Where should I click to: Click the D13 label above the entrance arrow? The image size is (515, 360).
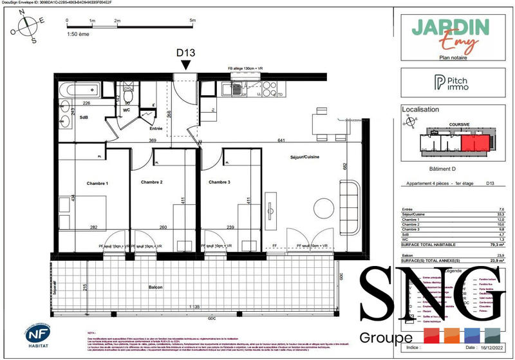pyautogui.click(x=185, y=53)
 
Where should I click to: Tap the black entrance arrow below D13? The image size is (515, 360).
pyautogui.click(x=185, y=65)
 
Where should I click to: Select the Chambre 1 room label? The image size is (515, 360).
pyautogui.click(x=98, y=184)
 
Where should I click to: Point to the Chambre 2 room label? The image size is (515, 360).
pyautogui.click(x=151, y=183)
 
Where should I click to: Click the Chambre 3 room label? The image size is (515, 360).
pyautogui.click(x=220, y=183)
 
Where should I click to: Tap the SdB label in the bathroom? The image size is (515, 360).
pyautogui.click(x=84, y=117)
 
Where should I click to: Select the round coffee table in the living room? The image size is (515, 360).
pyautogui.click(x=324, y=207)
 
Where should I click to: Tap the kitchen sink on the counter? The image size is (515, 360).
pyautogui.click(x=238, y=89)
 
